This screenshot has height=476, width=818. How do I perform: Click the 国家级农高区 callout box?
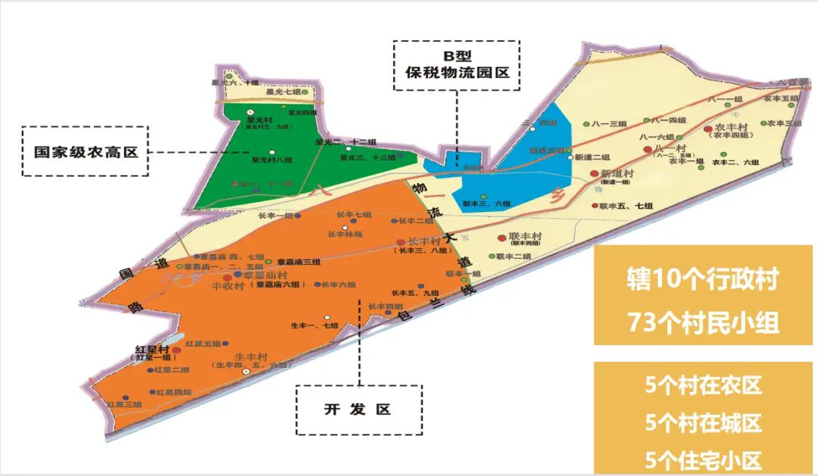click(85, 151)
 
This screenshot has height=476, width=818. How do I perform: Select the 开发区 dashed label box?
click(359, 409)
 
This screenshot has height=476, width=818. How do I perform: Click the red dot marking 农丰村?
click(708, 129)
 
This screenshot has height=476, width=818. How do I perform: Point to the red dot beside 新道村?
click(595, 174)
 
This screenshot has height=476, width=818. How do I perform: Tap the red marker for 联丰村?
click(501, 237)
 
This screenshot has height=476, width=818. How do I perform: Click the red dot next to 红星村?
click(177, 350)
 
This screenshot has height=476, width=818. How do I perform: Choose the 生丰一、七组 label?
click(314, 325)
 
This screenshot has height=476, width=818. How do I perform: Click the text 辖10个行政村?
click(704, 279)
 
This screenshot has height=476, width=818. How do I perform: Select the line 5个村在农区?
click(704, 386)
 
